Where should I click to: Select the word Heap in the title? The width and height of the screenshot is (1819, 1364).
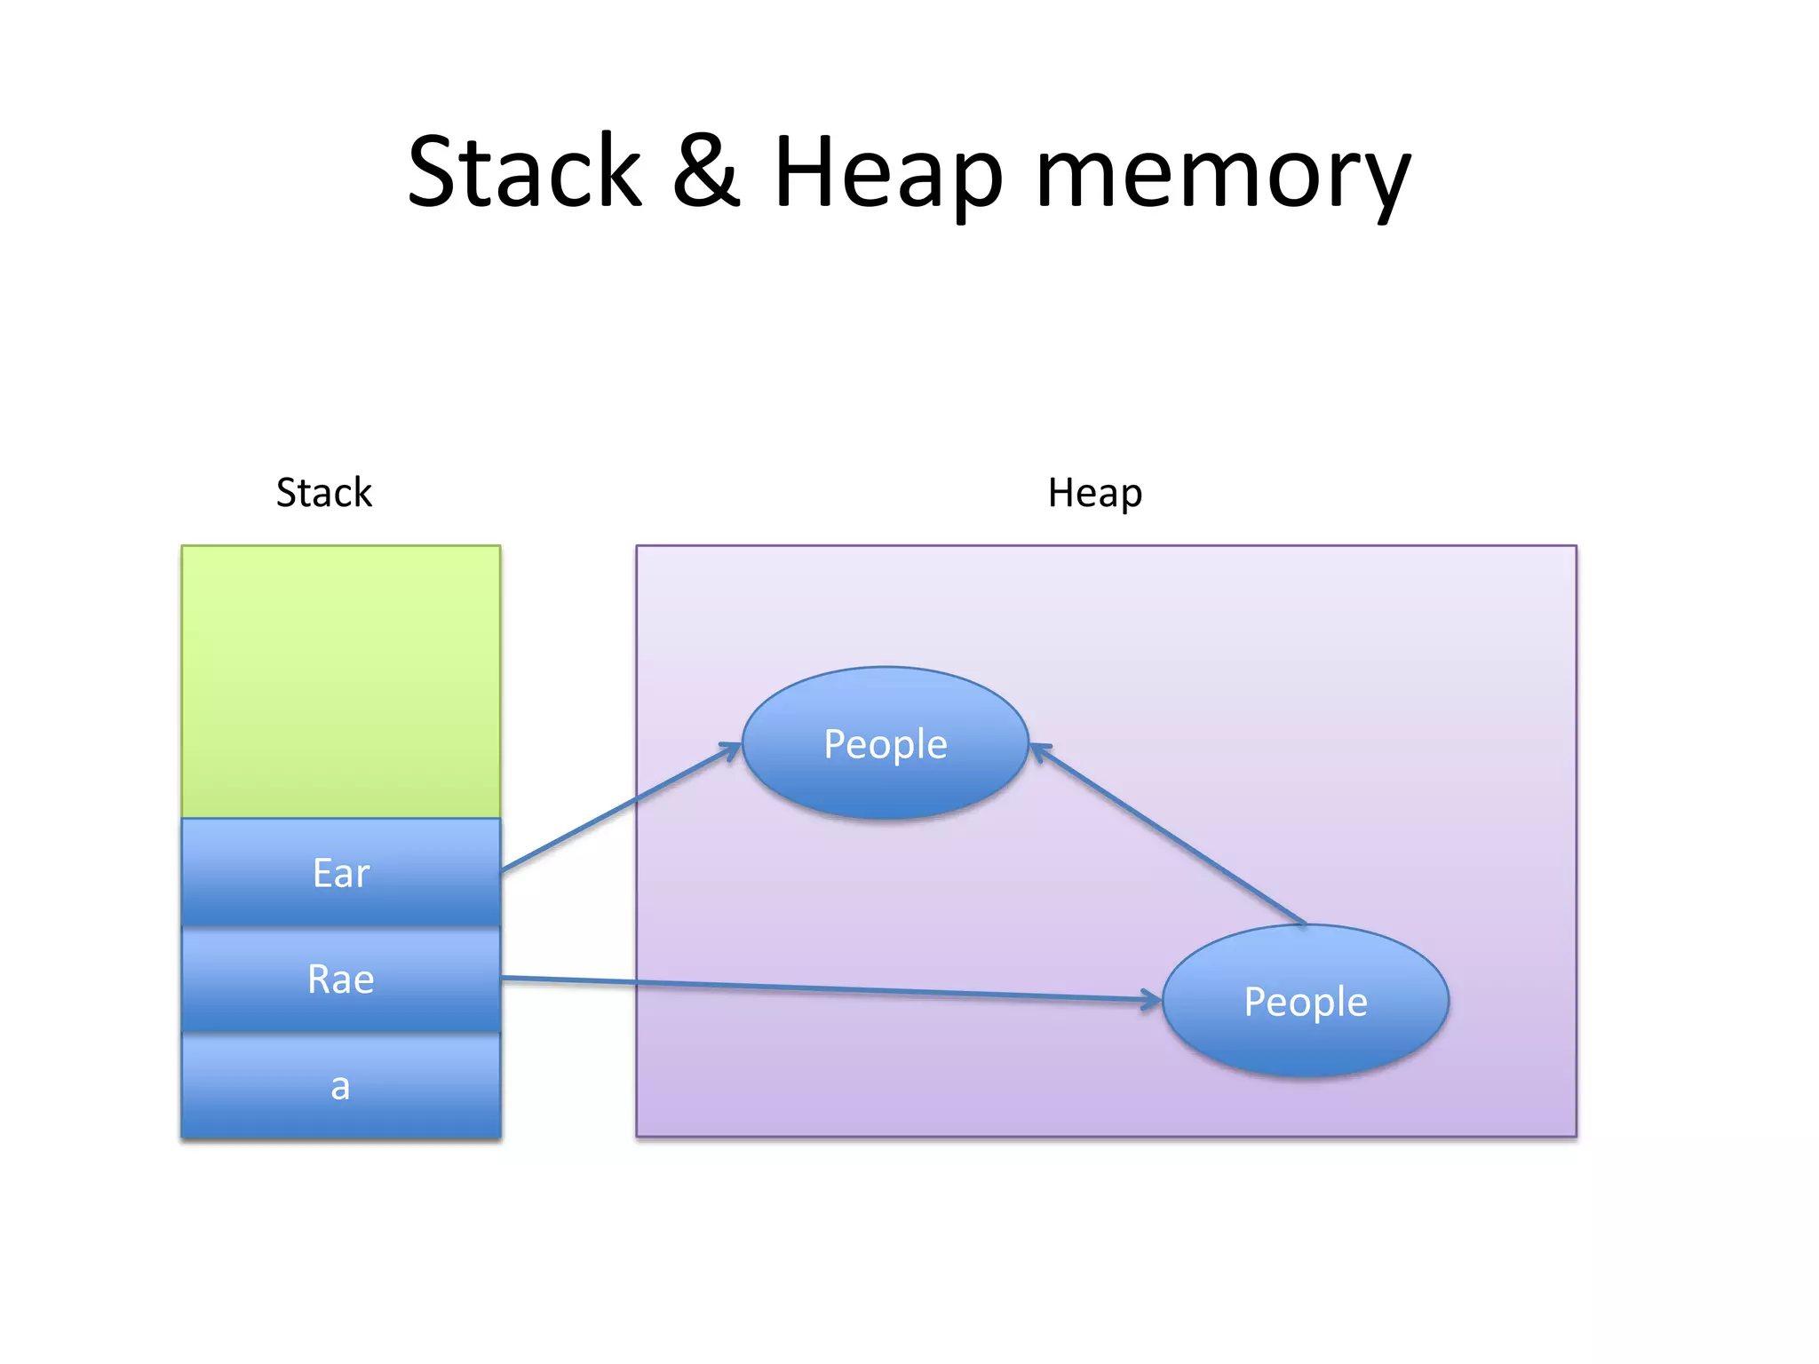[x=888, y=173]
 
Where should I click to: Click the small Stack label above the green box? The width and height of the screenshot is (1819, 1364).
[x=323, y=493]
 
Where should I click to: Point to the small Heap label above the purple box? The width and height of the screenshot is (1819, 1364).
[x=1094, y=493]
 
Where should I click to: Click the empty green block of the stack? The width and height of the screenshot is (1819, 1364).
[x=341, y=681]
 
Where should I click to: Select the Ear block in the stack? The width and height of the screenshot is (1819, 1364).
[x=341, y=873]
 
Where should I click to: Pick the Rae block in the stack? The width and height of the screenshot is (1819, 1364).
[x=341, y=979]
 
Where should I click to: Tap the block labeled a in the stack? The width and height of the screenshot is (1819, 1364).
[x=341, y=1086]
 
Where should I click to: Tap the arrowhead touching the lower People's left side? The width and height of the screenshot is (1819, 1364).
[x=1152, y=1000]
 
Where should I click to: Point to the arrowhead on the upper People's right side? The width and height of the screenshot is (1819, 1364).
[x=1040, y=751]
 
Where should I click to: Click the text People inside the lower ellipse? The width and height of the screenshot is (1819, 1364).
[x=1306, y=1002]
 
